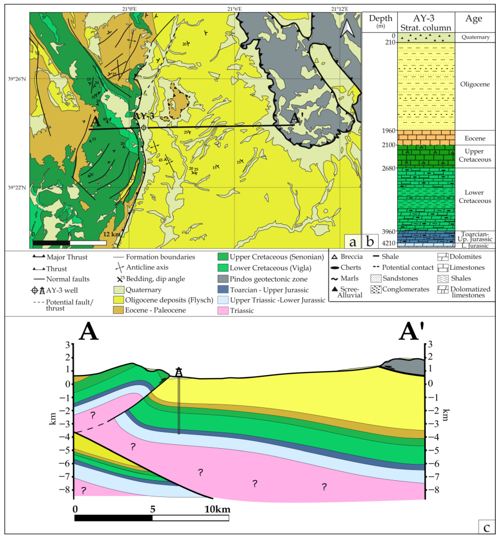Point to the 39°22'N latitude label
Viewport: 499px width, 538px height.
tap(17, 187)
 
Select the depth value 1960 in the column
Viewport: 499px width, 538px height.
tap(388, 131)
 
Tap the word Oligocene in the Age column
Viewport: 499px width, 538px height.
tap(475, 84)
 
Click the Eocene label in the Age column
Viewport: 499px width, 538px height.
tap(475, 138)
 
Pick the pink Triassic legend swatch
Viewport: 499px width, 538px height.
tap(223, 310)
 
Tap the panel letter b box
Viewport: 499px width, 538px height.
tap(370, 241)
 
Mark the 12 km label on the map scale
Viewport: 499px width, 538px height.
tap(111, 234)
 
